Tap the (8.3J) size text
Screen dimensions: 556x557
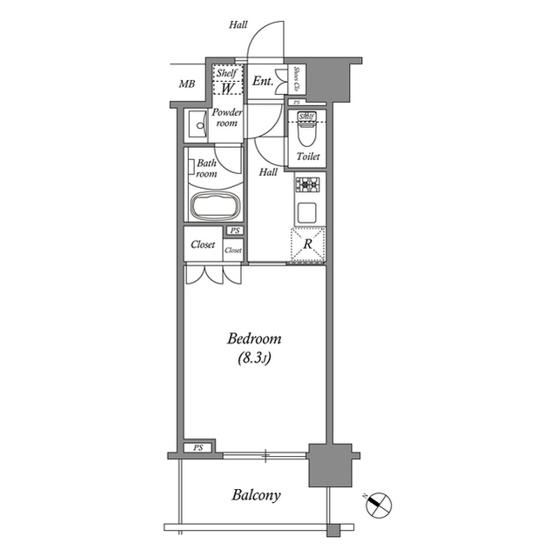pos(255,358)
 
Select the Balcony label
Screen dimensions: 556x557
pos(256,495)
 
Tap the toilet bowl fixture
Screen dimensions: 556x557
pos(306,133)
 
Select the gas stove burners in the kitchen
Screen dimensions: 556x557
pos(307,184)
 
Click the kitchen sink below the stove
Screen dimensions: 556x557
pos(307,211)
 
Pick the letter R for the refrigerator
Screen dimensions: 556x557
pos(307,245)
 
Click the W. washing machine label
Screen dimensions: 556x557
pos(226,89)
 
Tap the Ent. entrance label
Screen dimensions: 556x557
pos(263,82)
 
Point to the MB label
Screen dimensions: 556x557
pos(186,84)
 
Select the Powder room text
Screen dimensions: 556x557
pos(227,117)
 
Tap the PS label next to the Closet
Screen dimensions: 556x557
pos(234,231)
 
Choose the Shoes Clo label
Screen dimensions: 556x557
pos(295,81)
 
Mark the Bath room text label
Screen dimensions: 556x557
pos(206,168)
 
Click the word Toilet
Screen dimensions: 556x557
pos(308,157)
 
